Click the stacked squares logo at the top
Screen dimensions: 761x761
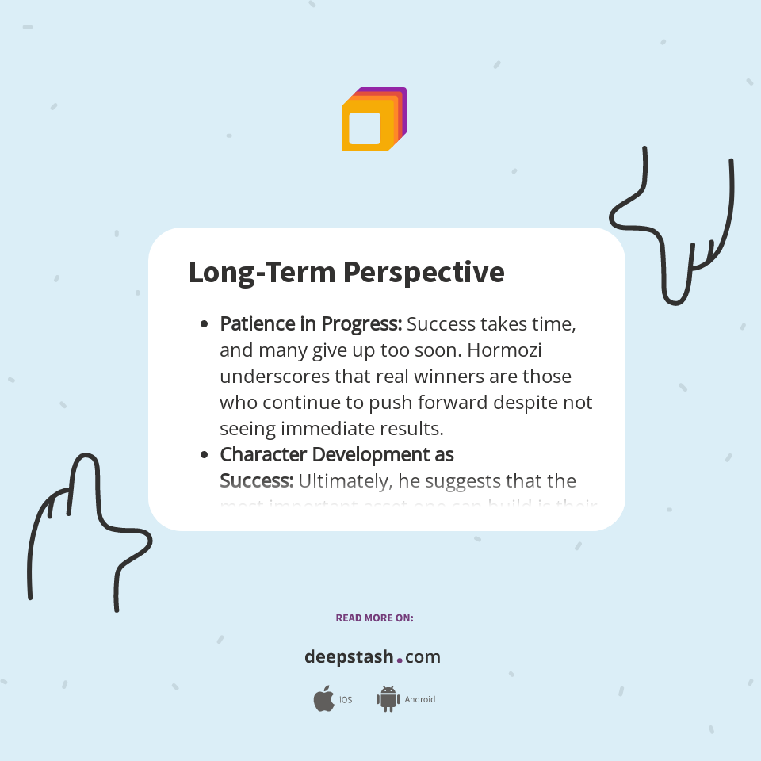pyautogui.click(x=373, y=120)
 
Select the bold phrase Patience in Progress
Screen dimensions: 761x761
pyautogui.click(x=311, y=324)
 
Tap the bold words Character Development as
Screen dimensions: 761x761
pyautogui.click(x=336, y=454)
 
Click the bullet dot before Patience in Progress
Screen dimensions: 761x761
pyautogui.click(x=205, y=324)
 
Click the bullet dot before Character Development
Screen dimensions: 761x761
pyautogui.click(x=205, y=455)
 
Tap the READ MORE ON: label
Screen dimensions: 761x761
pyautogui.click(x=374, y=618)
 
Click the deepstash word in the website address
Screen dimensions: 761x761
pyautogui.click(x=349, y=657)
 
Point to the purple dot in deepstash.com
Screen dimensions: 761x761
pyautogui.click(x=400, y=660)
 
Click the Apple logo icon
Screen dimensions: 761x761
pyautogui.click(x=323, y=699)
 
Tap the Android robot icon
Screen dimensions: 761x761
pyautogui.click(x=388, y=699)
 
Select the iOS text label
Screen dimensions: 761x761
pyautogui.click(x=346, y=700)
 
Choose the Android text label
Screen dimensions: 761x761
pyautogui.click(x=419, y=700)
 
